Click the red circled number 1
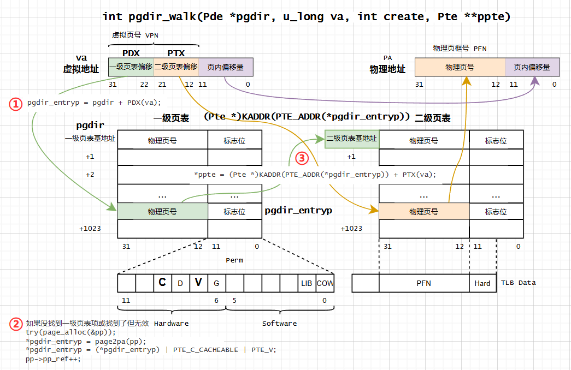16,103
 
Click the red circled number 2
16,323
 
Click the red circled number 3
302,158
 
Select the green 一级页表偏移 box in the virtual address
131,67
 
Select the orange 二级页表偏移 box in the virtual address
176,67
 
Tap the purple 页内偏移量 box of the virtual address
225,67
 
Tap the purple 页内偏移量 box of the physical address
532,67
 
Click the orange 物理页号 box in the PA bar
460,67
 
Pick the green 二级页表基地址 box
352,139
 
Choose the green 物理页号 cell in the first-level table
162,212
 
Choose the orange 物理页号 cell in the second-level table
423,212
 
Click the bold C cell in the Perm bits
162,283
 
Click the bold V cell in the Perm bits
198,283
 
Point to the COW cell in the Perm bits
325,283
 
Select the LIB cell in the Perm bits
307,283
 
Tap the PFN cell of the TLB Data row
423,283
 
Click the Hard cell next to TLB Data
482,283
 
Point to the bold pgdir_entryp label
298,210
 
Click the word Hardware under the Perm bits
171,324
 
